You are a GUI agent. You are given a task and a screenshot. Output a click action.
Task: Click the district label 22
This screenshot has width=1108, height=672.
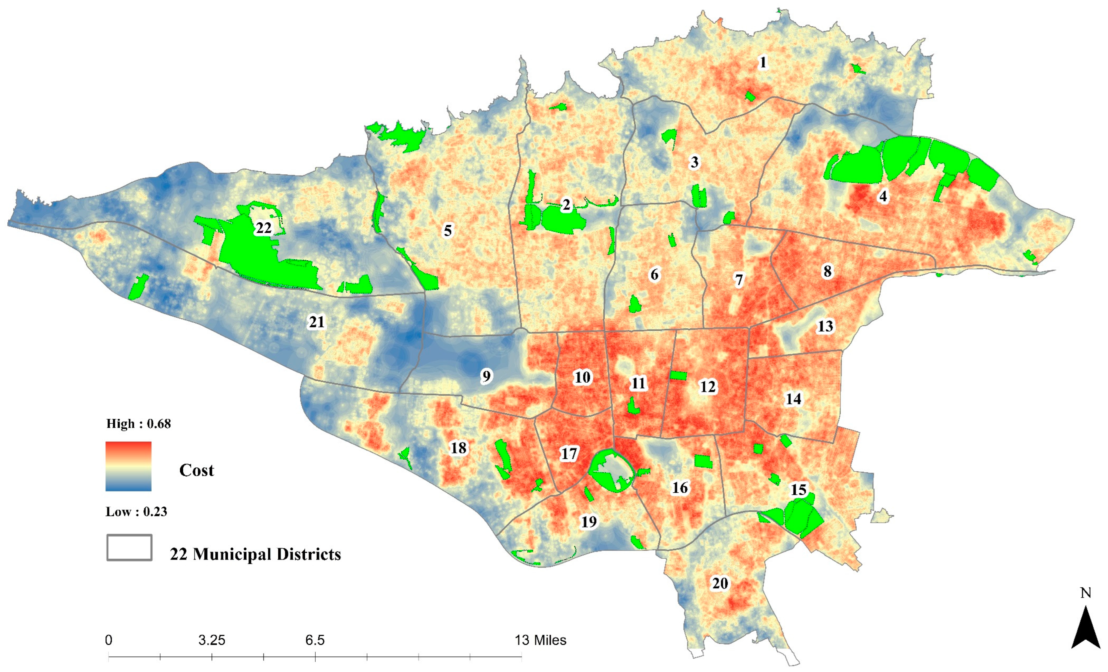click(264, 228)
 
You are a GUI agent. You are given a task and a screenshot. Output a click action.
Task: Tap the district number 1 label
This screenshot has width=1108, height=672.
click(763, 62)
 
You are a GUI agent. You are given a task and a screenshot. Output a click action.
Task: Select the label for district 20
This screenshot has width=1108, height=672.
click(720, 583)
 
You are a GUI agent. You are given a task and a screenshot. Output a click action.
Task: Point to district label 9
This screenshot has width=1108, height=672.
click(486, 376)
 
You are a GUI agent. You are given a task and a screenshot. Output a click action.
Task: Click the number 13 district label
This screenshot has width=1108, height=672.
click(825, 326)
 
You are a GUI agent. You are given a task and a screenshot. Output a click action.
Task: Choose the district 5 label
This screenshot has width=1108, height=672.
click(448, 231)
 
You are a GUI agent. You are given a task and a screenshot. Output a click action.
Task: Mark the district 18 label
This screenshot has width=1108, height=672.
click(459, 448)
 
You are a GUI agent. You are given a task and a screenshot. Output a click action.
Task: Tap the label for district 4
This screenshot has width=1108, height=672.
click(883, 196)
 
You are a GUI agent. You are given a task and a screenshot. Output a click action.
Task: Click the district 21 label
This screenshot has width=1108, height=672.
click(317, 322)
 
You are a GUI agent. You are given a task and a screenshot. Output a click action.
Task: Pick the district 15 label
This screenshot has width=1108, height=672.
click(799, 489)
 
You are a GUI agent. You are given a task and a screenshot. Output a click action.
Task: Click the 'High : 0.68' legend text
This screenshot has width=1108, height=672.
click(138, 424)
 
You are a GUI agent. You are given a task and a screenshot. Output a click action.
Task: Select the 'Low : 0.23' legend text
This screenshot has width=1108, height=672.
click(136, 512)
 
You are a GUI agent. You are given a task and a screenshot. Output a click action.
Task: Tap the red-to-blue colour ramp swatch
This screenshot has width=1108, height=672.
click(128, 466)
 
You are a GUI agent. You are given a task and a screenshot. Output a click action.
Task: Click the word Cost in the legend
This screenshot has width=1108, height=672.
click(196, 471)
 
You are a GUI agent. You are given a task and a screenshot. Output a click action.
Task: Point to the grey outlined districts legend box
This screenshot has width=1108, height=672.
click(129, 547)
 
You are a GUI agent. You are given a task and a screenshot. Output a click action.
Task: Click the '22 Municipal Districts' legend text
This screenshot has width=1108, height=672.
click(255, 554)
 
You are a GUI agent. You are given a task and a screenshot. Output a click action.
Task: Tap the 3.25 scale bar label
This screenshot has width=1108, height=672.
click(211, 640)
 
